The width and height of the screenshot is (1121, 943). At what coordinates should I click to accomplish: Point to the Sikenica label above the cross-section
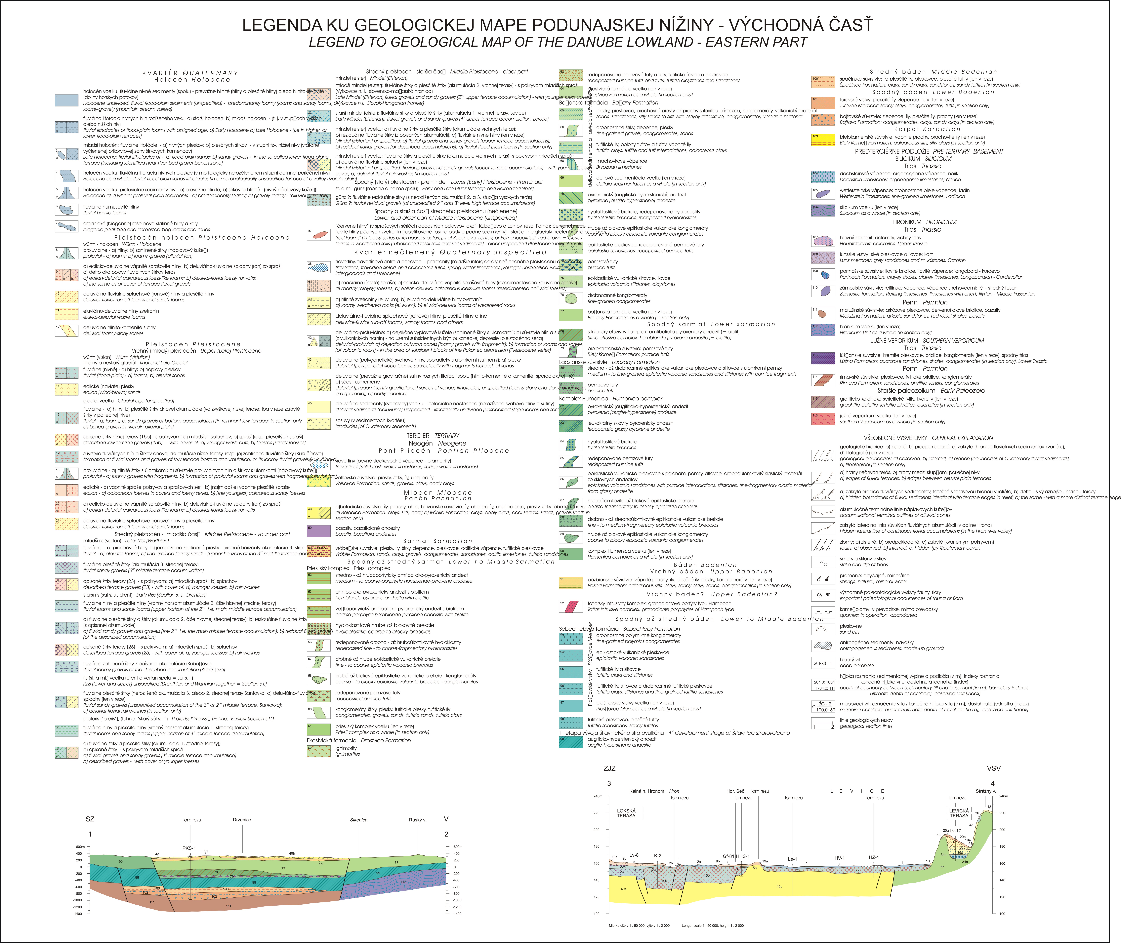pos(359,819)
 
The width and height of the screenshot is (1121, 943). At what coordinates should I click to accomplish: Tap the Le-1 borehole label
pos(792,859)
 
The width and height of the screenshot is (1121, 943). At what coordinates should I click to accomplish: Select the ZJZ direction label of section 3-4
pos(609,768)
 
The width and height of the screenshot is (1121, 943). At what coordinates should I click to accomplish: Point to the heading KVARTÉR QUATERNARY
pos(190,73)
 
